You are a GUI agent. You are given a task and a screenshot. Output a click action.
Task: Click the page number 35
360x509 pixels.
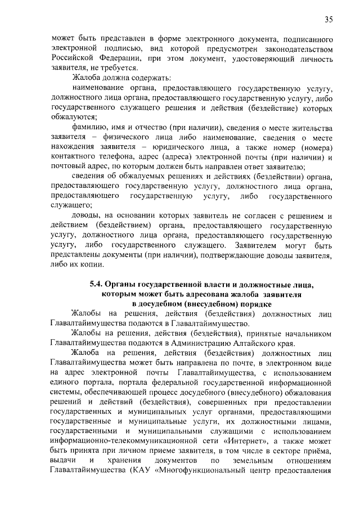coord(329,20)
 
